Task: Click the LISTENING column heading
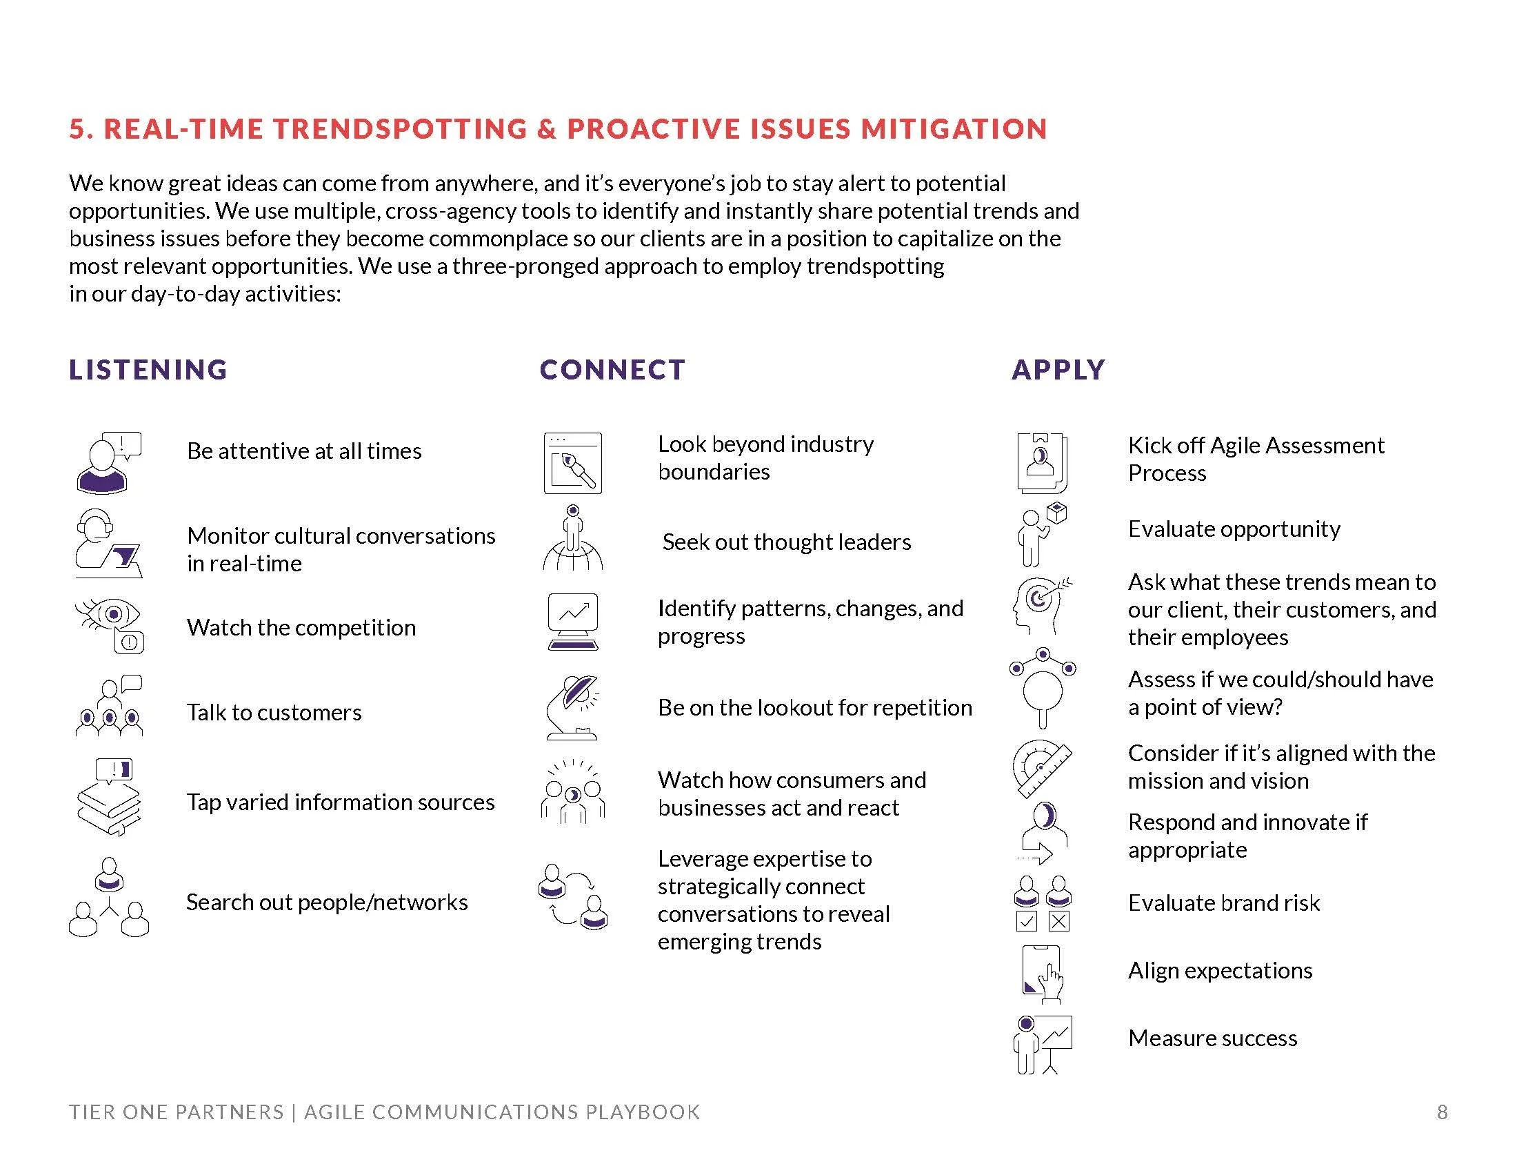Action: point(148,370)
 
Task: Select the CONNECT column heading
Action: point(612,370)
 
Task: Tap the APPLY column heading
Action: point(1058,370)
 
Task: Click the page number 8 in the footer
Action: point(1442,1112)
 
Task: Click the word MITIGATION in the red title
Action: point(954,129)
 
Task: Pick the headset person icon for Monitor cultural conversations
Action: point(108,543)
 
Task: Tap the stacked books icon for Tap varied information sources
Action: point(108,797)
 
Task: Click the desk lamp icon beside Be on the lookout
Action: point(572,707)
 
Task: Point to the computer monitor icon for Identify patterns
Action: point(572,621)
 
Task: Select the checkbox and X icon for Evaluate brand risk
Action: point(1043,903)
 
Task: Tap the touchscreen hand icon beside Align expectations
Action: point(1043,974)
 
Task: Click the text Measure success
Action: point(1212,1038)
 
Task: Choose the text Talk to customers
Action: point(274,713)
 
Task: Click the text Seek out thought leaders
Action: point(786,542)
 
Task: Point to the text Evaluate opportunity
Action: point(1234,529)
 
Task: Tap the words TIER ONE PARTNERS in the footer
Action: point(177,1112)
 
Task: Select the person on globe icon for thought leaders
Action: point(572,538)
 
